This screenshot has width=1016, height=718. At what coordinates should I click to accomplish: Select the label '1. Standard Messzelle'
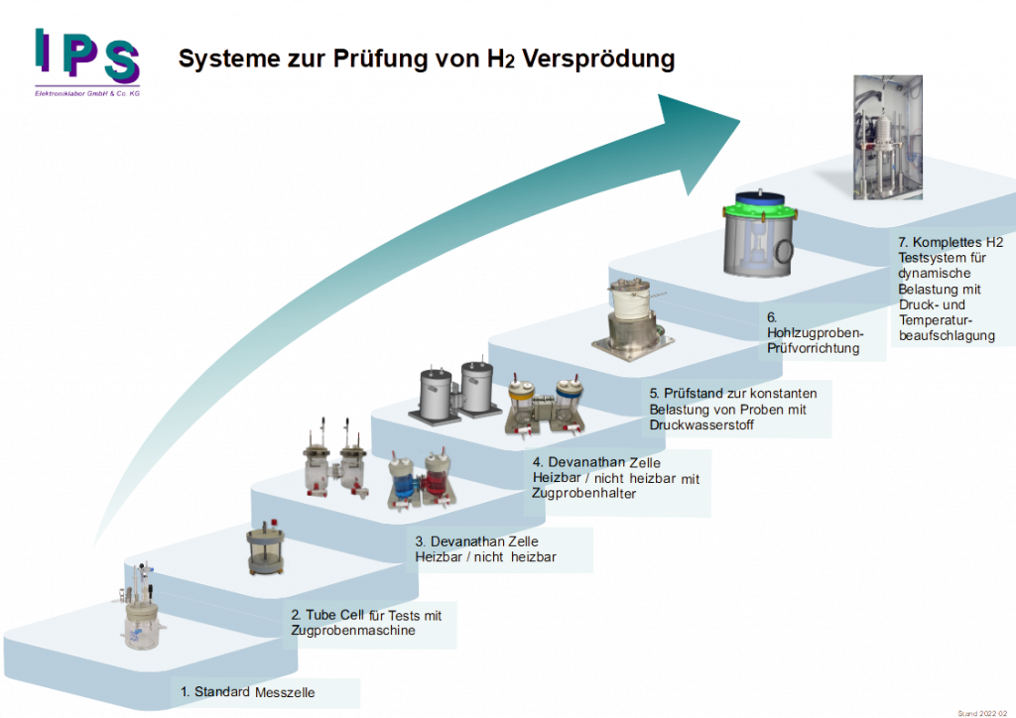pyautogui.click(x=248, y=692)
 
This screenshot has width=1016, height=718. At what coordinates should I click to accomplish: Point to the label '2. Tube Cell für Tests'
pyautogui.click(x=366, y=623)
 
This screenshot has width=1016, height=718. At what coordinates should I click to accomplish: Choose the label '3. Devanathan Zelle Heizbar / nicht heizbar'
pyautogui.click(x=485, y=549)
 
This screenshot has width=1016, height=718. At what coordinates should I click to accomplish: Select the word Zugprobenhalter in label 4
pyautogui.click(x=584, y=493)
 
